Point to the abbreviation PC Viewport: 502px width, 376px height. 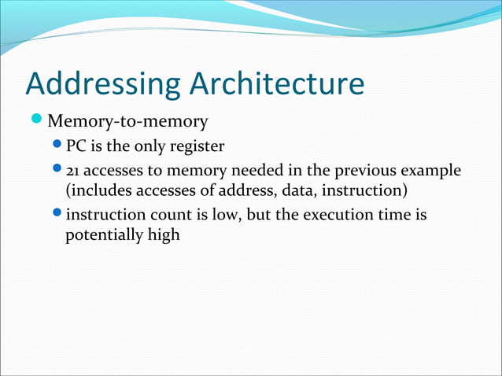[x=76, y=146]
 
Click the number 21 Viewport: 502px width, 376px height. [x=73, y=171]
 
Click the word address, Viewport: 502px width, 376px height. [x=236, y=190]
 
